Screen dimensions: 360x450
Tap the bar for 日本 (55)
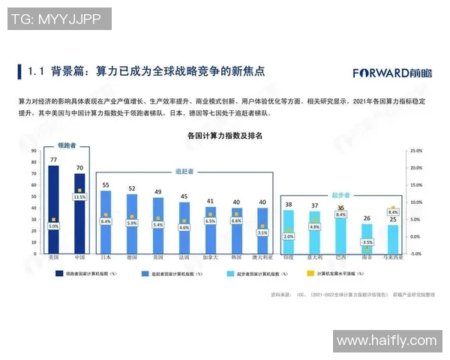coord(106,221)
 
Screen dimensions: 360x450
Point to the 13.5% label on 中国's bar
coord(79,196)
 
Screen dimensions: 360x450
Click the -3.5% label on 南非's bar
coord(367,242)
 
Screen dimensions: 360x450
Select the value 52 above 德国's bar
coord(132,188)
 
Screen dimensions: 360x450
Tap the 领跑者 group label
coord(67,145)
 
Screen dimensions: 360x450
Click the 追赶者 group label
coord(184,172)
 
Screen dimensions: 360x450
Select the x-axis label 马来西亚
coord(393,256)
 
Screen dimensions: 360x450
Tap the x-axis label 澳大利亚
coord(262,256)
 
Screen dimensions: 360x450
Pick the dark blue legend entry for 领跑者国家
coord(59,274)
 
